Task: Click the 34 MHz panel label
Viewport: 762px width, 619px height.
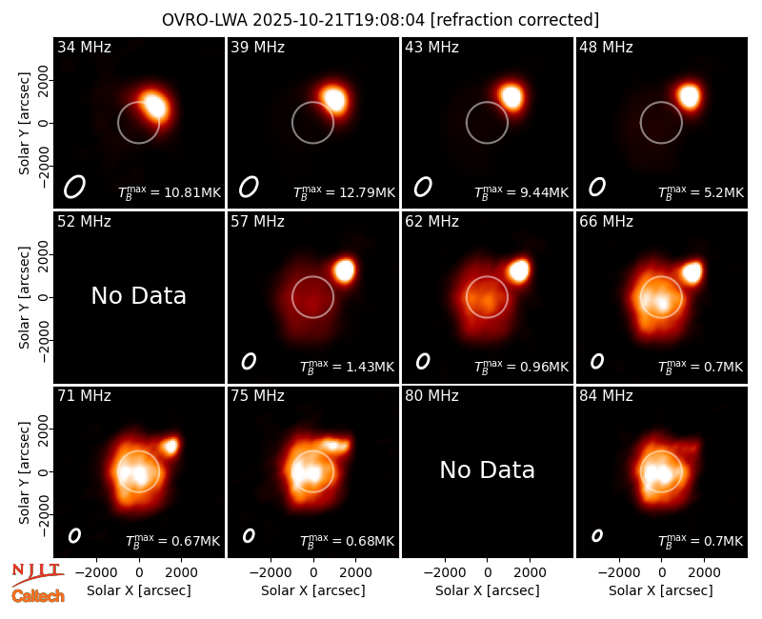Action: click(84, 47)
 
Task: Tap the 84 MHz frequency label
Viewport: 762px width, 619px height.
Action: click(606, 396)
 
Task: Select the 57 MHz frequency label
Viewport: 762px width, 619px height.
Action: click(257, 222)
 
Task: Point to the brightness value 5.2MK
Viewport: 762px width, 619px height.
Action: click(723, 192)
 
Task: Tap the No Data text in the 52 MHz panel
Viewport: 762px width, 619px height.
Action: click(138, 295)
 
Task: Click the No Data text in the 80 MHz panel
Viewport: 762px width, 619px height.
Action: click(487, 469)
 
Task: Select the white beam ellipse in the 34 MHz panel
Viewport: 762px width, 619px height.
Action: click(74, 187)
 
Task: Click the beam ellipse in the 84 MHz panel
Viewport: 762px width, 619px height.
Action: click(597, 535)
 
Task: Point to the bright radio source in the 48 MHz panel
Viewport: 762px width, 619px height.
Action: click(689, 96)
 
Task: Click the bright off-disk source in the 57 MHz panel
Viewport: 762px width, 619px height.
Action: click(344, 270)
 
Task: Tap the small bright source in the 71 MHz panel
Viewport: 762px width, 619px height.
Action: click(170, 446)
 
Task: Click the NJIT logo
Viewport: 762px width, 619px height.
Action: click(37, 573)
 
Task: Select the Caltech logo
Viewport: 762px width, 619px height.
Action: click(38, 596)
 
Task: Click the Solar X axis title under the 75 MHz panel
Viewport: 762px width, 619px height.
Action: click(313, 590)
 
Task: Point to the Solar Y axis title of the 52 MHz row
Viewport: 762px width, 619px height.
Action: click(24, 297)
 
